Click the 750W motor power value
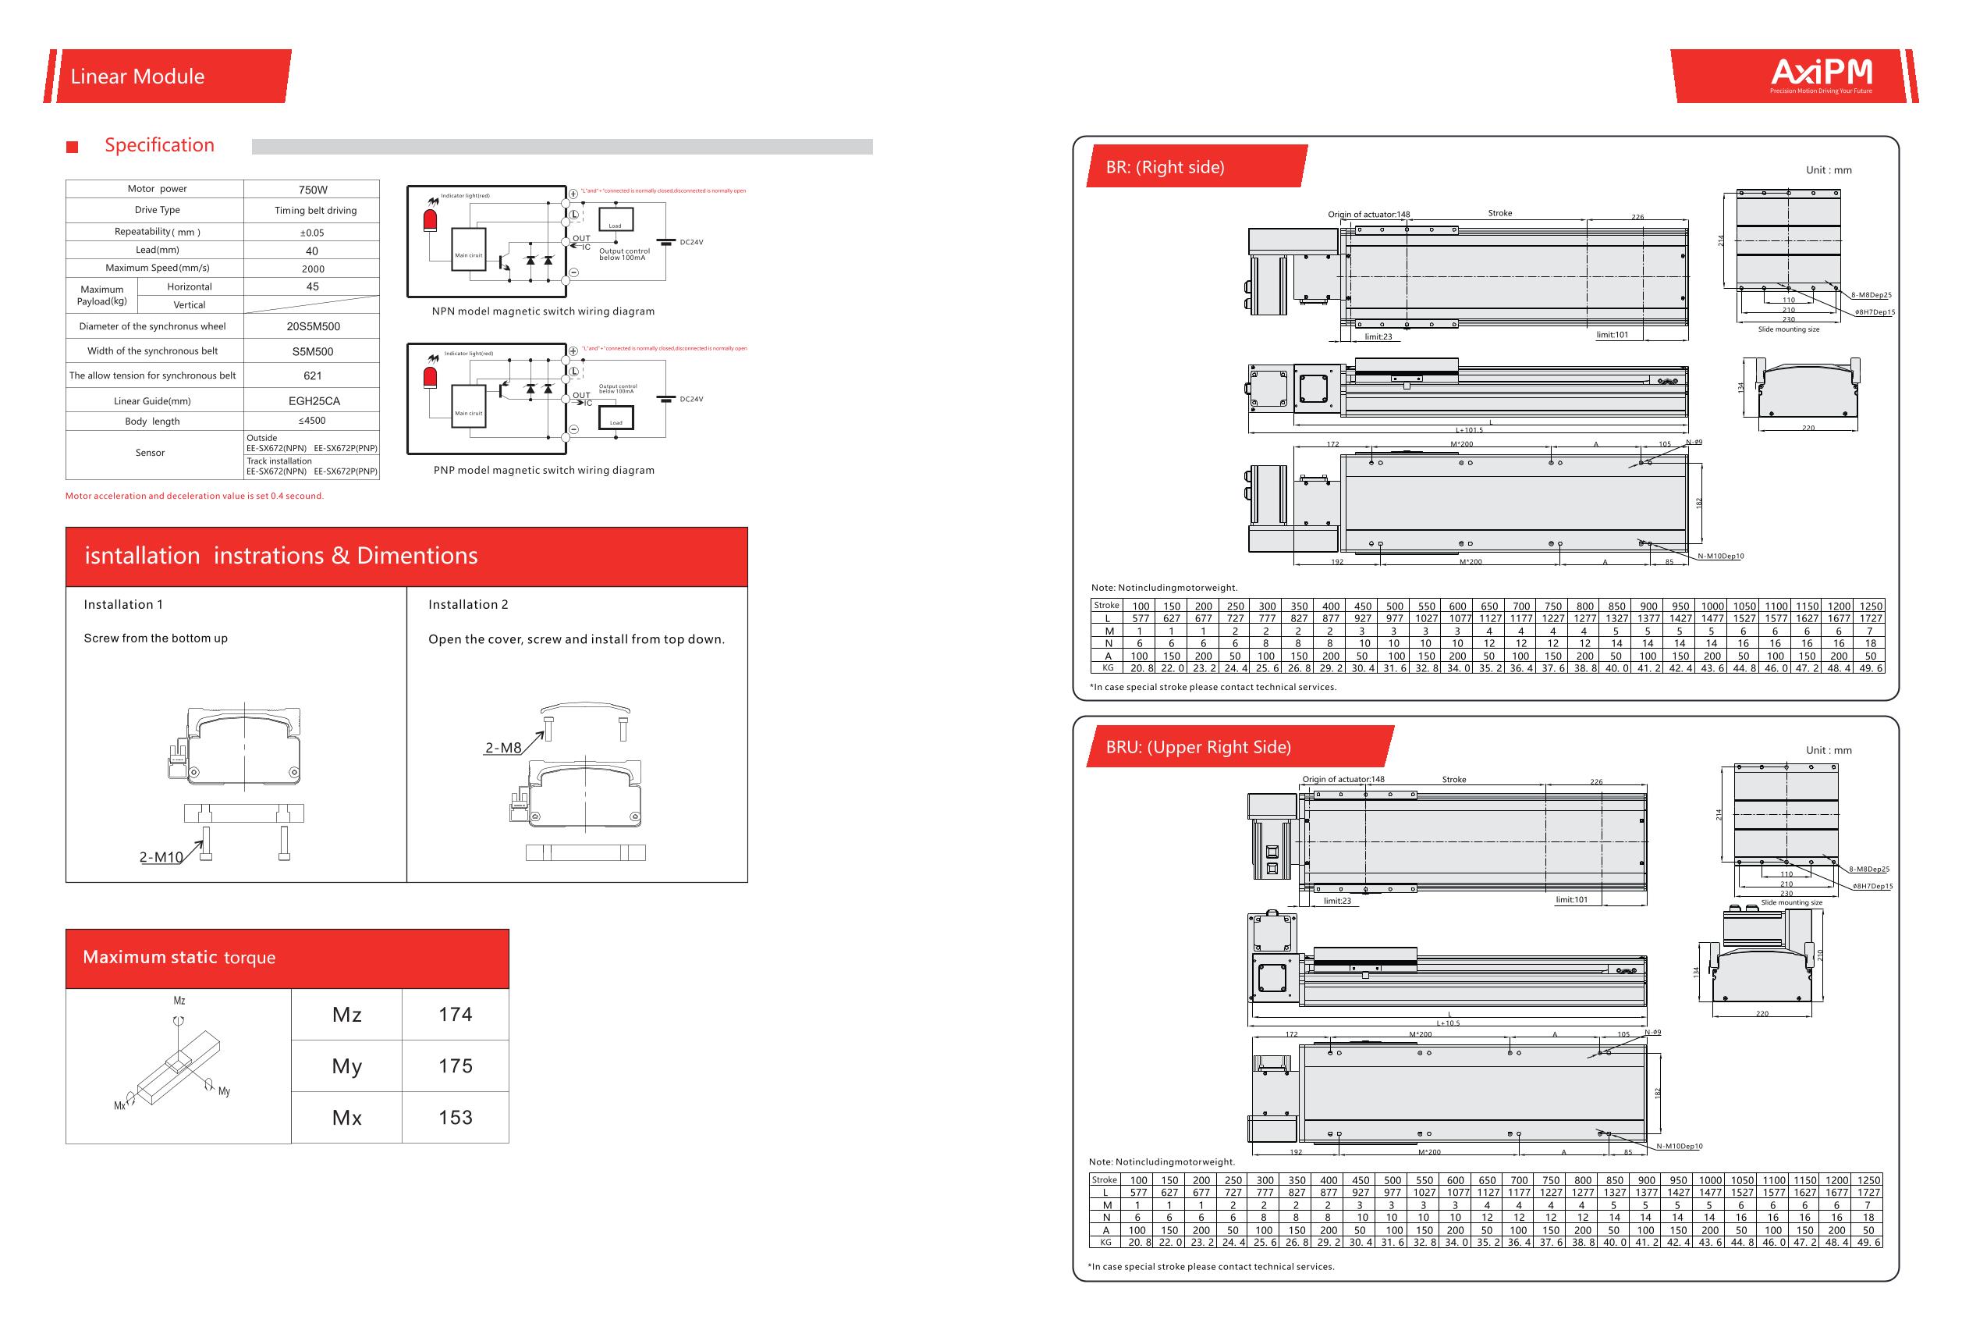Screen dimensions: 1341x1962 pos(312,190)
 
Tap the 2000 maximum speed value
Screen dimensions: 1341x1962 pos(312,269)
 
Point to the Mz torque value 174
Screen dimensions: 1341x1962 pos(455,1014)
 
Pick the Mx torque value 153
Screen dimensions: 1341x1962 pos(455,1117)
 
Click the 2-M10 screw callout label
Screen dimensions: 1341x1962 pos(161,857)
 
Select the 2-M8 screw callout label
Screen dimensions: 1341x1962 pos(503,747)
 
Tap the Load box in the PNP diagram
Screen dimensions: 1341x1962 pos(616,420)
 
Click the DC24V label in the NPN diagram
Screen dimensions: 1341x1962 pos(691,242)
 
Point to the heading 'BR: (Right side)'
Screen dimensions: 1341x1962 pos(1165,167)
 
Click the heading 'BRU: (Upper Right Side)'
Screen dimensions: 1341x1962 pos(1198,747)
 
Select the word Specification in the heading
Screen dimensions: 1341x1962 pos(160,145)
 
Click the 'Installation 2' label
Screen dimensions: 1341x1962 pos(468,605)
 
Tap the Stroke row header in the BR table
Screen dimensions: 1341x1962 pos(1106,606)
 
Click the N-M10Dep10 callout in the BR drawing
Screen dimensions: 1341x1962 pos(1720,556)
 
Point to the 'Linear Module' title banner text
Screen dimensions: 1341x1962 pos(137,76)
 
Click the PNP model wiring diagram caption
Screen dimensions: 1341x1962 pos(544,471)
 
